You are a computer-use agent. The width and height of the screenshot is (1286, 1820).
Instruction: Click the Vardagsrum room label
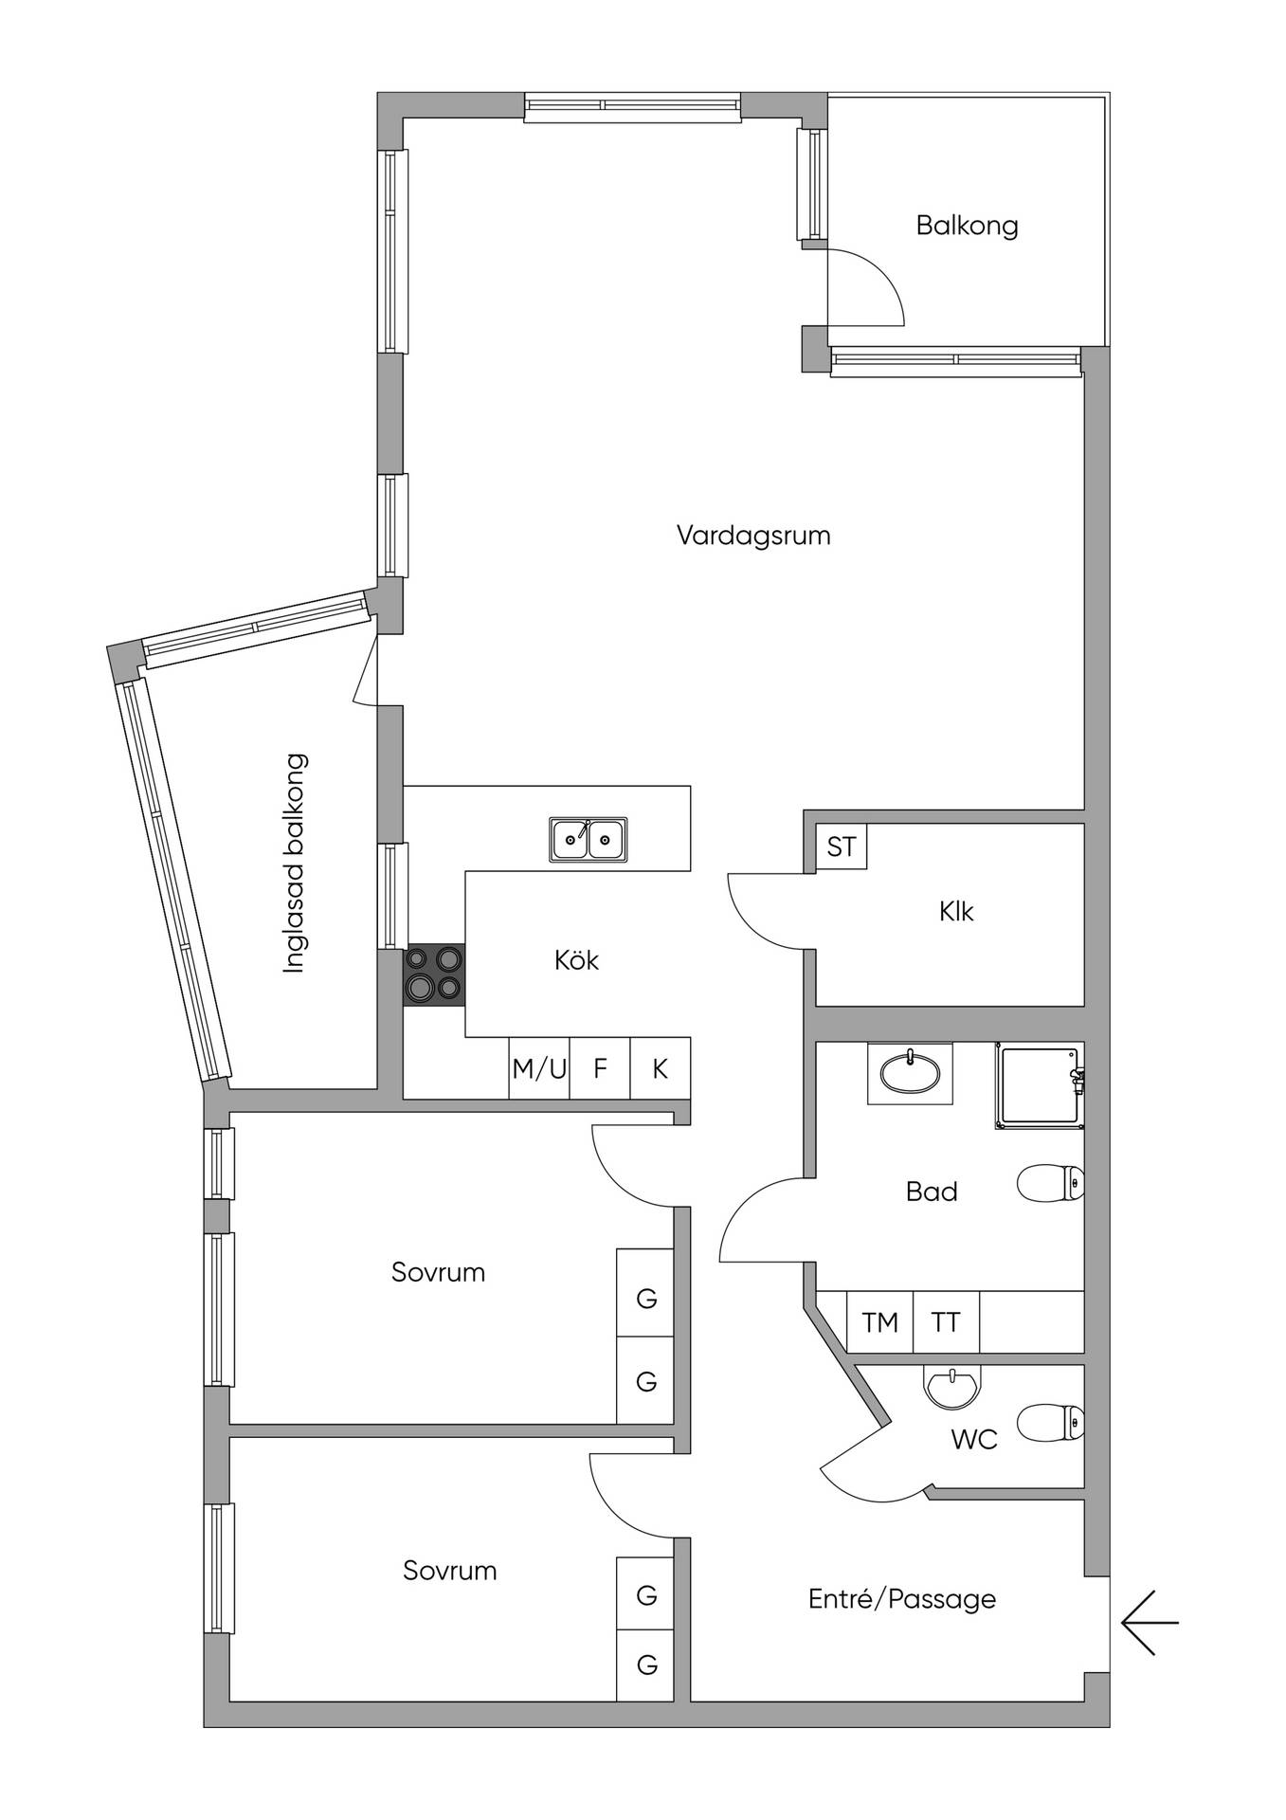tap(753, 536)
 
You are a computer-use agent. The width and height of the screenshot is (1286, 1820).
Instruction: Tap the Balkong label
tap(967, 226)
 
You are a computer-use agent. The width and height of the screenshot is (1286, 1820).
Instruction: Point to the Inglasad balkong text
tap(296, 863)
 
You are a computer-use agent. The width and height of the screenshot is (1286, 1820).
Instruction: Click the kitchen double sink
tap(588, 840)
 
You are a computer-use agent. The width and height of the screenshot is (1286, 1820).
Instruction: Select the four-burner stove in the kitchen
tap(434, 974)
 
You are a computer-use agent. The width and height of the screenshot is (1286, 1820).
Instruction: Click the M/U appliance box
tap(539, 1068)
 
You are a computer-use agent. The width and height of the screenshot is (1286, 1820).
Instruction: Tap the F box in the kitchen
tap(600, 1068)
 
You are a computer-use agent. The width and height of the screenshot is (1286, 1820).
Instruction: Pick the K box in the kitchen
tap(661, 1068)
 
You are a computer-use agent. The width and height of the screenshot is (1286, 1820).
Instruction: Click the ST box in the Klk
tap(842, 846)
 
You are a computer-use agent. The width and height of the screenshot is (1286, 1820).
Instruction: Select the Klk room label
tap(956, 912)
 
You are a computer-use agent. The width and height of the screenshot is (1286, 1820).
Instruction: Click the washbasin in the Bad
tap(910, 1073)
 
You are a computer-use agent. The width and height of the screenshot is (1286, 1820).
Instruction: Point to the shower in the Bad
tap(1040, 1085)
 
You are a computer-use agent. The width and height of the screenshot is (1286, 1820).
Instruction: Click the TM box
tap(879, 1321)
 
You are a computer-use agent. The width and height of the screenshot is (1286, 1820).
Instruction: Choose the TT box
tap(946, 1321)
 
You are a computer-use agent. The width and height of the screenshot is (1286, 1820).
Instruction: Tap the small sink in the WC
tap(951, 1387)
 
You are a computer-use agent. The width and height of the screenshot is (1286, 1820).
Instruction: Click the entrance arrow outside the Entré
tap(1150, 1622)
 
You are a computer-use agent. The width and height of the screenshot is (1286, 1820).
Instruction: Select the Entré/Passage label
tap(901, 1599)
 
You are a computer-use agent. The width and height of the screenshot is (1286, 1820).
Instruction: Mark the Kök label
tap(576, 959)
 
